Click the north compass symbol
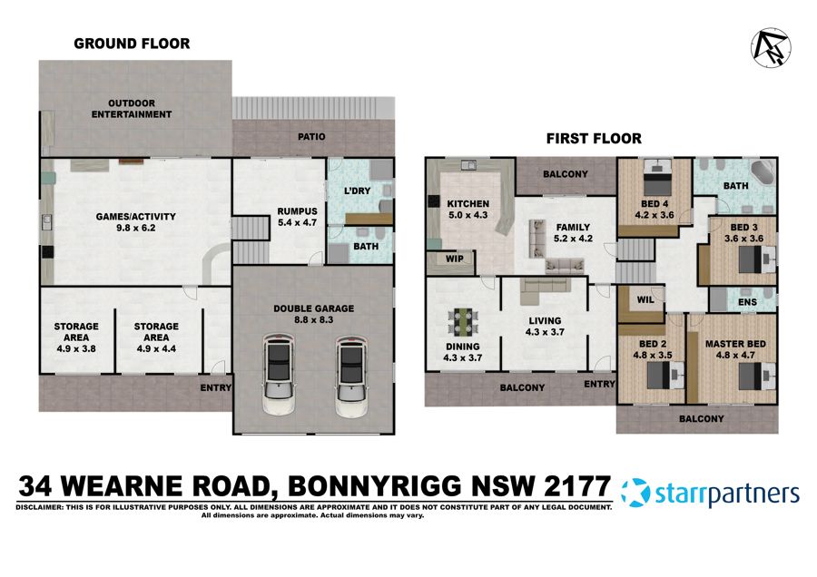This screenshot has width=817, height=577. point(771,45)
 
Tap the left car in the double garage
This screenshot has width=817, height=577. point(278,375)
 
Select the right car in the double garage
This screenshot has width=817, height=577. point(352,375)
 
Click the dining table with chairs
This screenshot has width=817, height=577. point(463,323)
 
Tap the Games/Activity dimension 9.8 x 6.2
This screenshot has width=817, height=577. point(135,230)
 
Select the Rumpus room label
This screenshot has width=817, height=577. point(296,212)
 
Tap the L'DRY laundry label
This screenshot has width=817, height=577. point(359,191)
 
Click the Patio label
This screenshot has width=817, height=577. point(310,137)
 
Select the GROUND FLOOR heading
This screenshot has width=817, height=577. point(132,44)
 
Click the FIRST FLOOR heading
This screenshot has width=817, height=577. point(594,139)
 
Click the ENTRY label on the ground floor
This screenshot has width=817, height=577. point(217,387)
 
